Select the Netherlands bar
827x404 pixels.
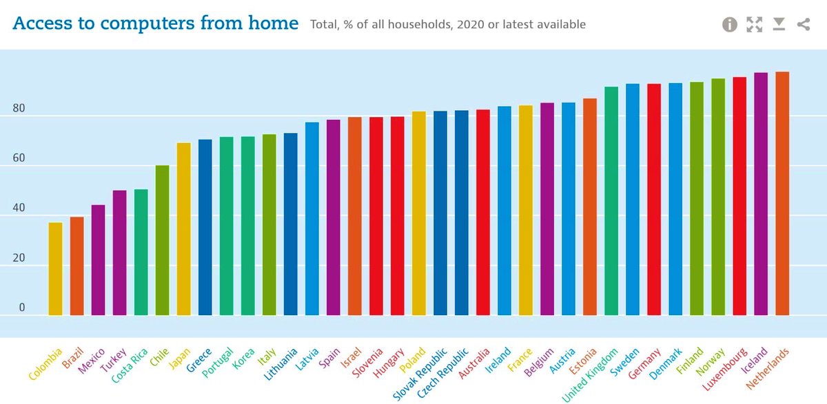point(782,193)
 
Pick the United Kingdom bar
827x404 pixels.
point(611,201)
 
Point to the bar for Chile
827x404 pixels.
point(162,240)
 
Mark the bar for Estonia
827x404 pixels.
point(590,206)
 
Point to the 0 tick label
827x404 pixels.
point(21,308)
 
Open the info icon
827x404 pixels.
point(730,25)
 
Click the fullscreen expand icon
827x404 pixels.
point(755,25)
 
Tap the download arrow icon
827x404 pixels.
point(779,25)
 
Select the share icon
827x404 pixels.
point(803,25)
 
